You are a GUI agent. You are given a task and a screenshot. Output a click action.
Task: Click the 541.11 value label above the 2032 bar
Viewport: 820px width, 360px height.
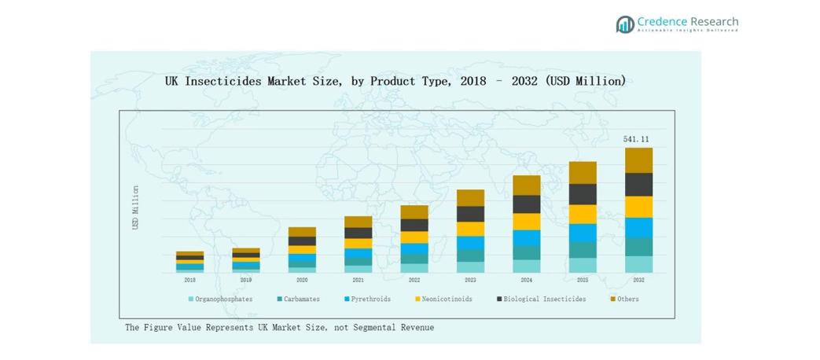tap(636, 139)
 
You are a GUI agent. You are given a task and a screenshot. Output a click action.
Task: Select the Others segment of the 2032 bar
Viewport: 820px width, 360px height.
tap(638, 160)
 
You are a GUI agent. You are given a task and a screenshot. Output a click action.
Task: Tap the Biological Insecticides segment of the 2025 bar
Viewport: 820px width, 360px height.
tap(583, 194)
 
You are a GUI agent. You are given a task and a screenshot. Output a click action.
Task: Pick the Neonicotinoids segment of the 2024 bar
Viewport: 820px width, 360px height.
tap(527, 222)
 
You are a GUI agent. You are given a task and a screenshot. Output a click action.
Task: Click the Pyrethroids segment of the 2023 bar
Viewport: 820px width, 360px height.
tap(470, 243)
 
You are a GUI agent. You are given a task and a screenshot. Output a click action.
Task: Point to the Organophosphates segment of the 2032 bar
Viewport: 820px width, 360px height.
tap(638, 264)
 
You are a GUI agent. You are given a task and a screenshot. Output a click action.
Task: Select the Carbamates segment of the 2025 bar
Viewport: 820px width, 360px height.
tap(583, 250)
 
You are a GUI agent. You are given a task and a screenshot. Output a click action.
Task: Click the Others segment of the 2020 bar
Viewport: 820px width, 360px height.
tap(302, 232)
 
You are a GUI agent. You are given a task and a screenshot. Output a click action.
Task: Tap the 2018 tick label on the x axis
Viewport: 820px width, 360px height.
tap(190, 280)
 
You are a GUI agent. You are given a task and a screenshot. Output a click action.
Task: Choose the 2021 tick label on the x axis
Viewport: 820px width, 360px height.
tap(358, 280)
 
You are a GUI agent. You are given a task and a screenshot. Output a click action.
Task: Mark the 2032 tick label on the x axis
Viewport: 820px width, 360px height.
tap(638, 280)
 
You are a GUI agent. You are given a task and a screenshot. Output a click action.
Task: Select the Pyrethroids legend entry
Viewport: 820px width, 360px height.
tap(367, 299)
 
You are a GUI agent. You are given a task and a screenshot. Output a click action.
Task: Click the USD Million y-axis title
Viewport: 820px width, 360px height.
tap(135, 208)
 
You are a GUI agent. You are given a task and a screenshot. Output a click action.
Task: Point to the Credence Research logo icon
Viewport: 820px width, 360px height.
tap(625, 24)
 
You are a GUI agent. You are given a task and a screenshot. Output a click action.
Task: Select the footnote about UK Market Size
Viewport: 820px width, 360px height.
tap(279, 327)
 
